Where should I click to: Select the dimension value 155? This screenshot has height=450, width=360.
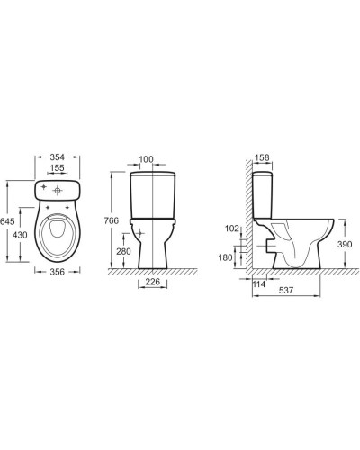coord(58,168)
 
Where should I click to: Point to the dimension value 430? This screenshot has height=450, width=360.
coord(17,234)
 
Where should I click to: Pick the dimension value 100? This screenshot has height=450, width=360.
coord(147,160)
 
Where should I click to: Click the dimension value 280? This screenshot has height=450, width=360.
coord(123,251)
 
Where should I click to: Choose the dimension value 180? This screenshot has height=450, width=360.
coord(227,258)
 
